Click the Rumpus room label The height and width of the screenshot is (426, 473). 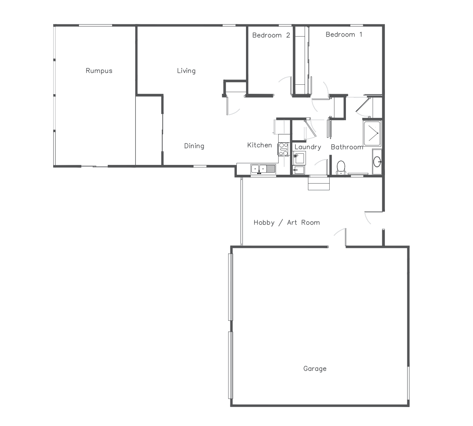(x=99, y=71)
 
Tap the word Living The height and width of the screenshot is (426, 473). (x=186, y=71)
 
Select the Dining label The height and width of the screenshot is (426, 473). (x=194, y=146)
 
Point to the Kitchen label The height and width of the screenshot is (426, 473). (x=260, y=145)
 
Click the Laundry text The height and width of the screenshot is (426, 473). (x=308, y=147)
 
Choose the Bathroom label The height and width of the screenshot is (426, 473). (x=347, y=147)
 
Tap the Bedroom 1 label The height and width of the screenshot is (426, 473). (x=344, y=35)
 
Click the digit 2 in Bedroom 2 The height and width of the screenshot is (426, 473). (x=288, y=35)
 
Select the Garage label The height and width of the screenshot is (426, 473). (x=315, y=368)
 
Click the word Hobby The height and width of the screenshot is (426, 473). (x=264, y=223)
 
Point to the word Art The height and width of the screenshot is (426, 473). (x=292, y=222)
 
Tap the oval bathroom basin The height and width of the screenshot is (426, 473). (x=377, y=162)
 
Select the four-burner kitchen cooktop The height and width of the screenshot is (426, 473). (x=283, y=149)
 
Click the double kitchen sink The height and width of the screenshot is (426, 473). (x=259, y=169)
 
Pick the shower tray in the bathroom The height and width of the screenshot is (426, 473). (x=372, y=133)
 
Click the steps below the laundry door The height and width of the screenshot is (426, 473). (x=318, y=184)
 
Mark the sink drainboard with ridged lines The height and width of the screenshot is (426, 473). (x=271, y=169)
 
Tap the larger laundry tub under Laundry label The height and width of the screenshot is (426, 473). (x=299, y=158)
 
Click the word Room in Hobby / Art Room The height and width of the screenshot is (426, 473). (x=311, y=222)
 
